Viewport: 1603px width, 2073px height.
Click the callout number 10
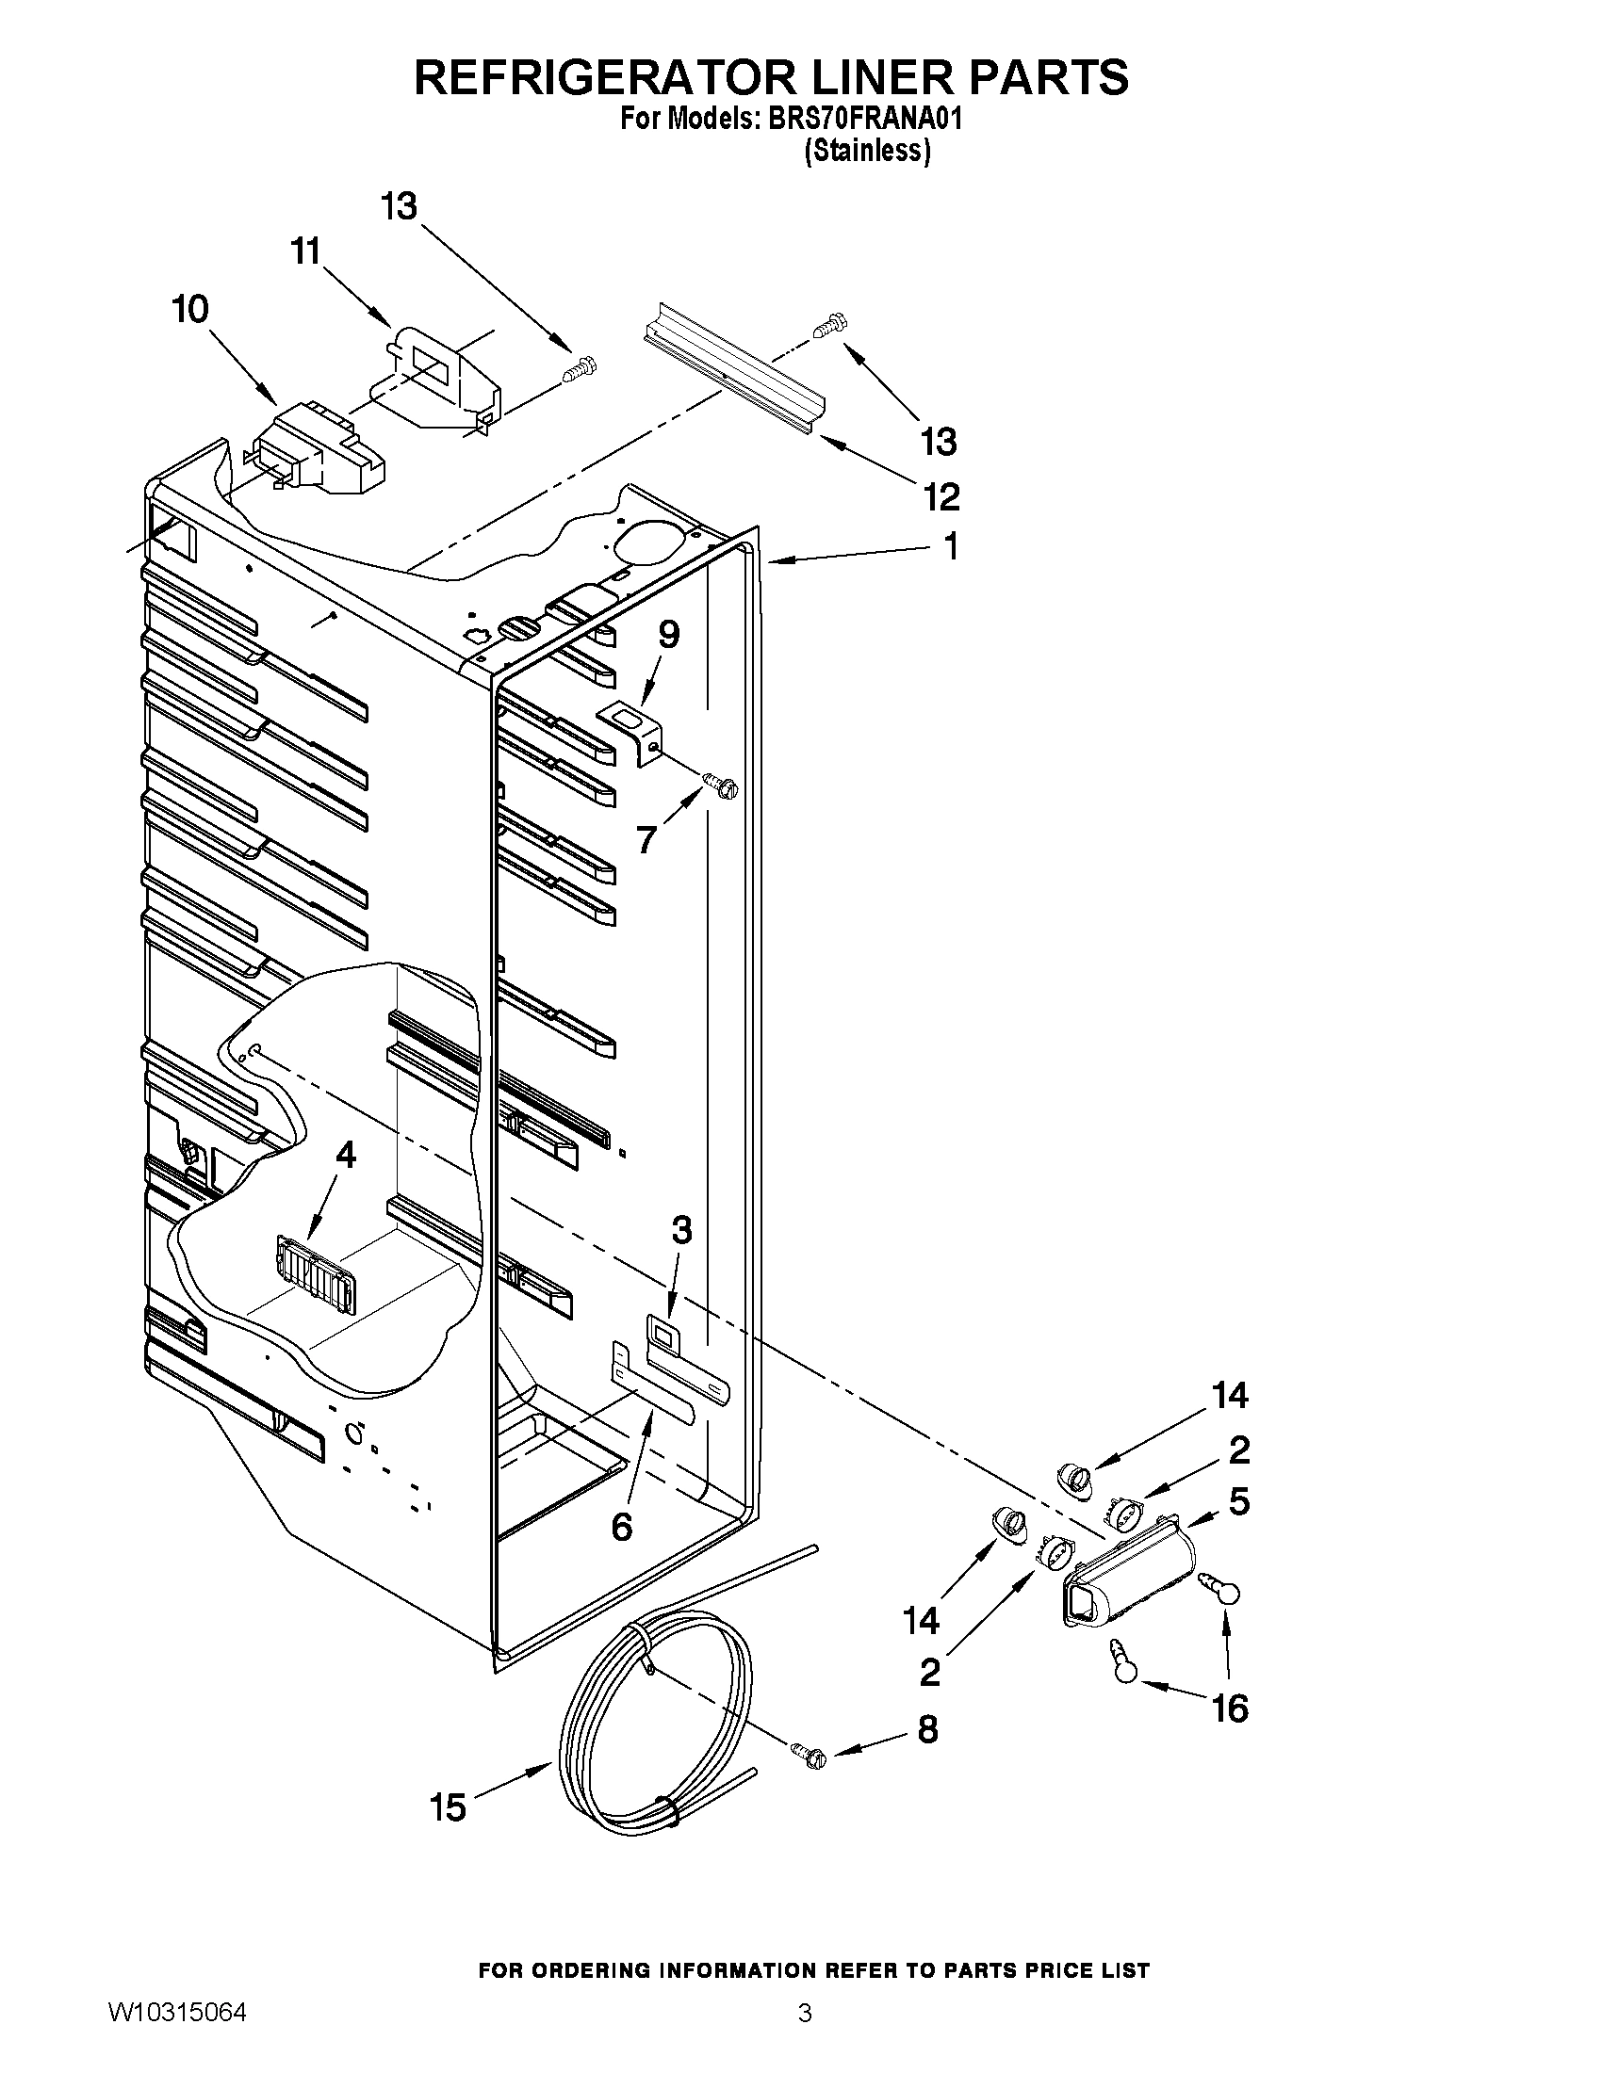click(190, 310)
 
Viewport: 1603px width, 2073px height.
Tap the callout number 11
click(304, 252)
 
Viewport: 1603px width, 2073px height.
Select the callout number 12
click(940, 495)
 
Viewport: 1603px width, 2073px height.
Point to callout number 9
click(668, 634)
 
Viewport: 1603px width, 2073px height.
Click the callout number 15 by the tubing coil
click(448, 1808)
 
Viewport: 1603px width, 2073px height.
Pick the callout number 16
click(1229, 1709)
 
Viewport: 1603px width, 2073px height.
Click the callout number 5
click(1238, 1501)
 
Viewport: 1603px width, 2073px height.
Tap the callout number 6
click(621, 1527)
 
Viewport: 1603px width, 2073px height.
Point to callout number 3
click(681, 1230)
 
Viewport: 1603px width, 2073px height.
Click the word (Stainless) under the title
click(866, 151)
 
